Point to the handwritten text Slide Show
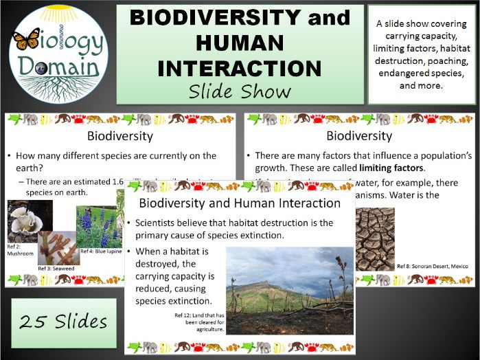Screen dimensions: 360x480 click(x=240, y=91)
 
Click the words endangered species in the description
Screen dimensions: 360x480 click(x=420, y=74)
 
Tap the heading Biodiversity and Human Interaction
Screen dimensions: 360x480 click(x=240, y=203)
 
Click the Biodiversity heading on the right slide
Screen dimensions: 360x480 click(x=358, y=135)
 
